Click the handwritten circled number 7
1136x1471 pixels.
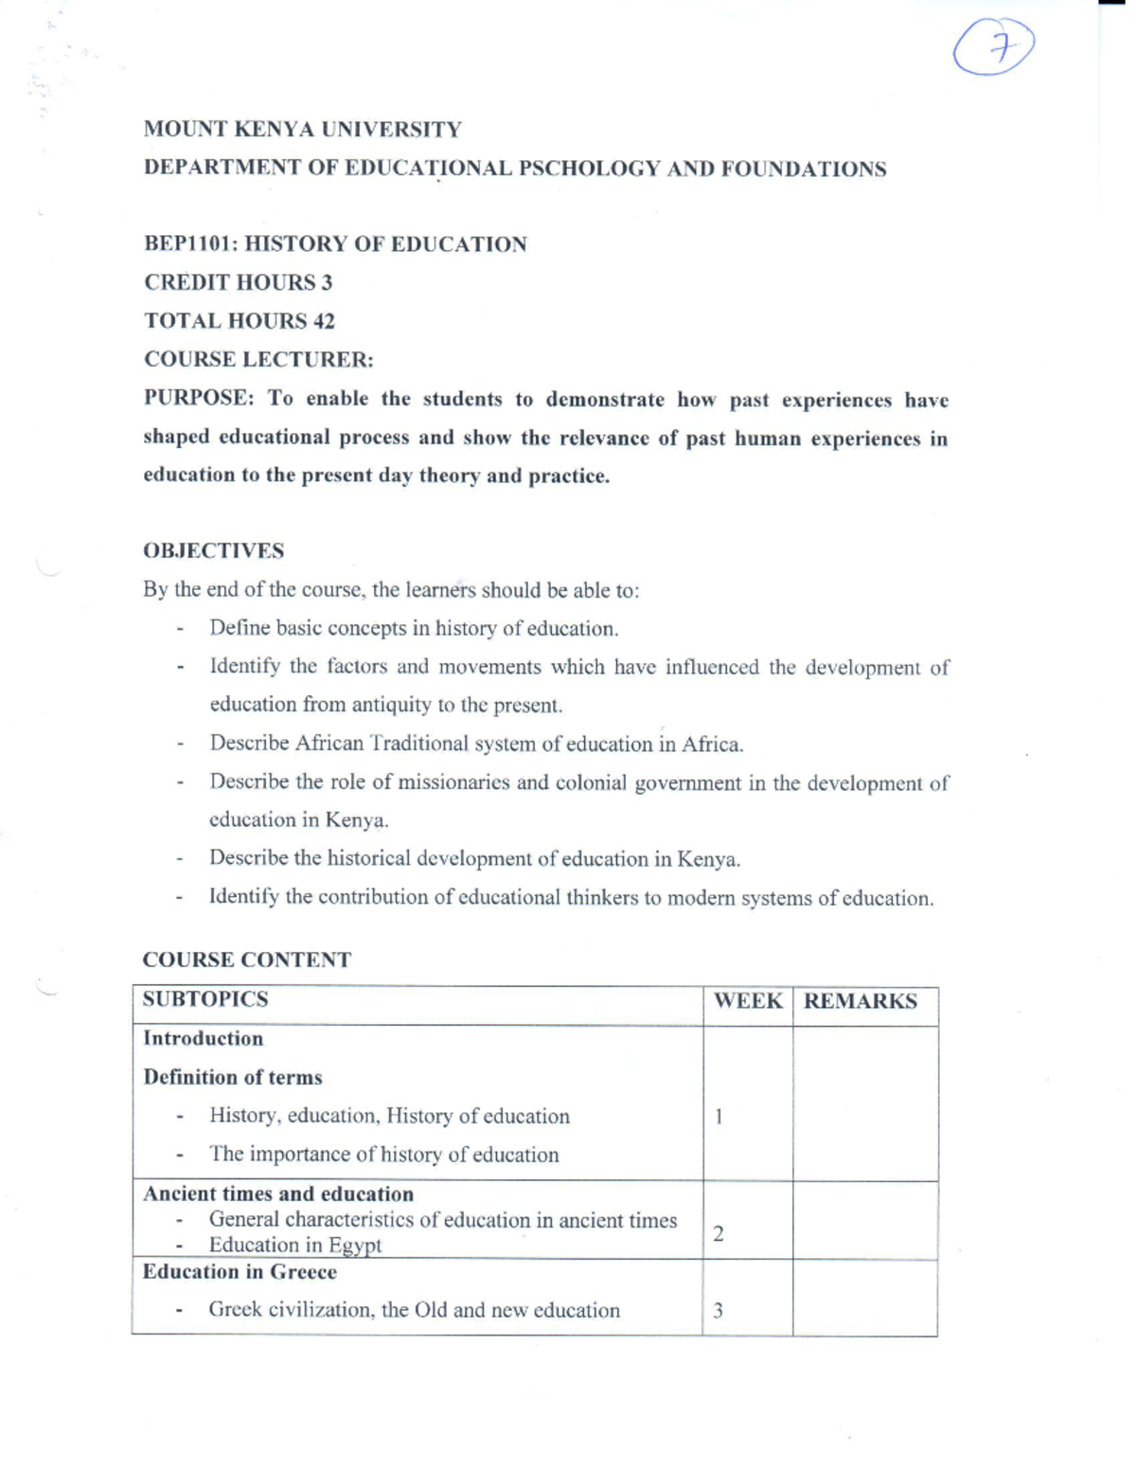point(994,47)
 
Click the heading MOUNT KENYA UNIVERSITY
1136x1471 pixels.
point(302,129)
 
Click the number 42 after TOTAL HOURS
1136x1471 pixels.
point(324,321)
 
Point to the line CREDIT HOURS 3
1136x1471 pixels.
point(238,282)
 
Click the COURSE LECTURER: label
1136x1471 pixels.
point(258,360)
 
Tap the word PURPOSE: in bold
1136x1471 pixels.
point(199,398)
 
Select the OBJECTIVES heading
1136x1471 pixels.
point(213,550)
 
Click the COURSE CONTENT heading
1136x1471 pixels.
point(246,960)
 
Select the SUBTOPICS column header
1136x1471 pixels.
point(205,999)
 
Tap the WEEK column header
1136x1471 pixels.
point(747,1001)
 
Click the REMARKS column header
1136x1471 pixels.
point(860,1001)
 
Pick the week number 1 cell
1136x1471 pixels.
point(719,1117)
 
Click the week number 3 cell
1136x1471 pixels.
point(719,1311)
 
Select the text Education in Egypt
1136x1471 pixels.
point(294,1245)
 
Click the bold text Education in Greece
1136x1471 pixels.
point(240,1271)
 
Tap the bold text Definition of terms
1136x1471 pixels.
point(232,1077)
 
